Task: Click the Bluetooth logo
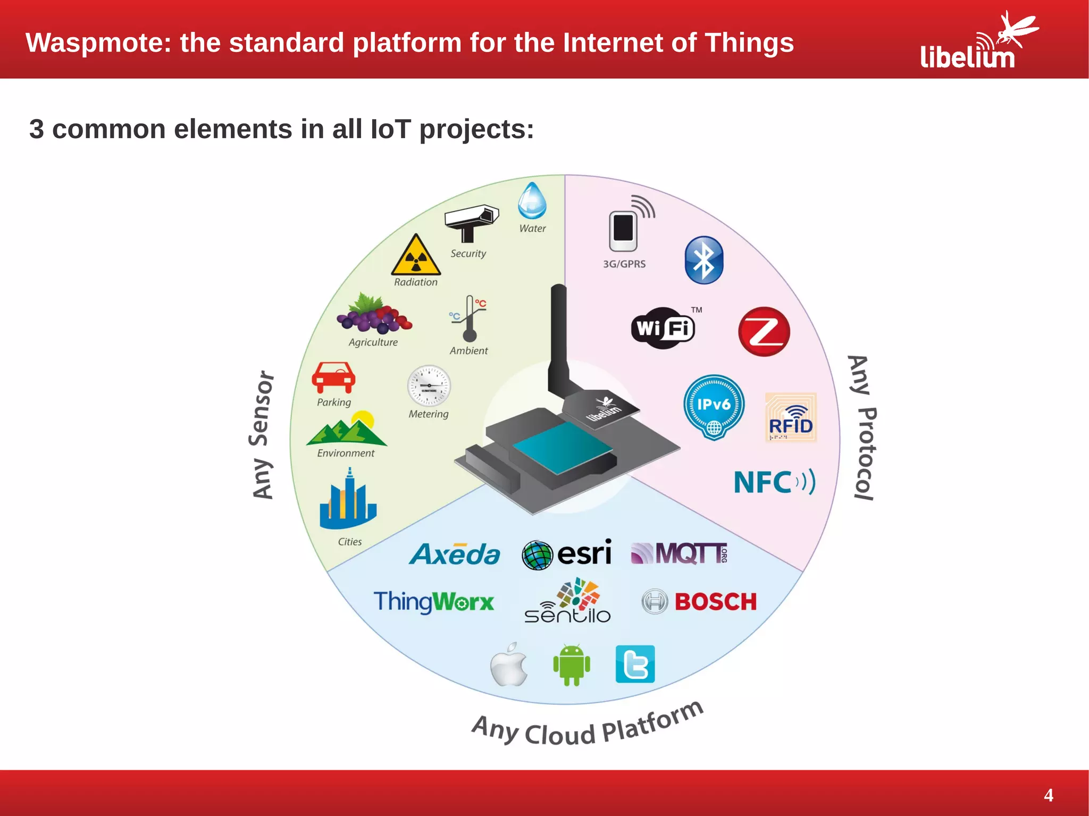tap(703, 260)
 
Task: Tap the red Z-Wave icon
tap(764, 331)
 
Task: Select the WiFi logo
tap(663, 328)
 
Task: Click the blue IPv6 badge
tap(714, 407)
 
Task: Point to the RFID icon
tap(791, 418)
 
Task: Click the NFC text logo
tap(774, 482)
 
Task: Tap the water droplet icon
tap(532, 201)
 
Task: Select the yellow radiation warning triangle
tap(416, 256)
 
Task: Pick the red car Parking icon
tap(333, 377)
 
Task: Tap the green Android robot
tap(572, 664)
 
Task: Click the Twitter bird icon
tap(635, 664)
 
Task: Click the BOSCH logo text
tap(715, 602)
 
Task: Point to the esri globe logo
tap(537, 555)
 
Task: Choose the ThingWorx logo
tap(433, 602)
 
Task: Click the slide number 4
tap(1048, 795)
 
